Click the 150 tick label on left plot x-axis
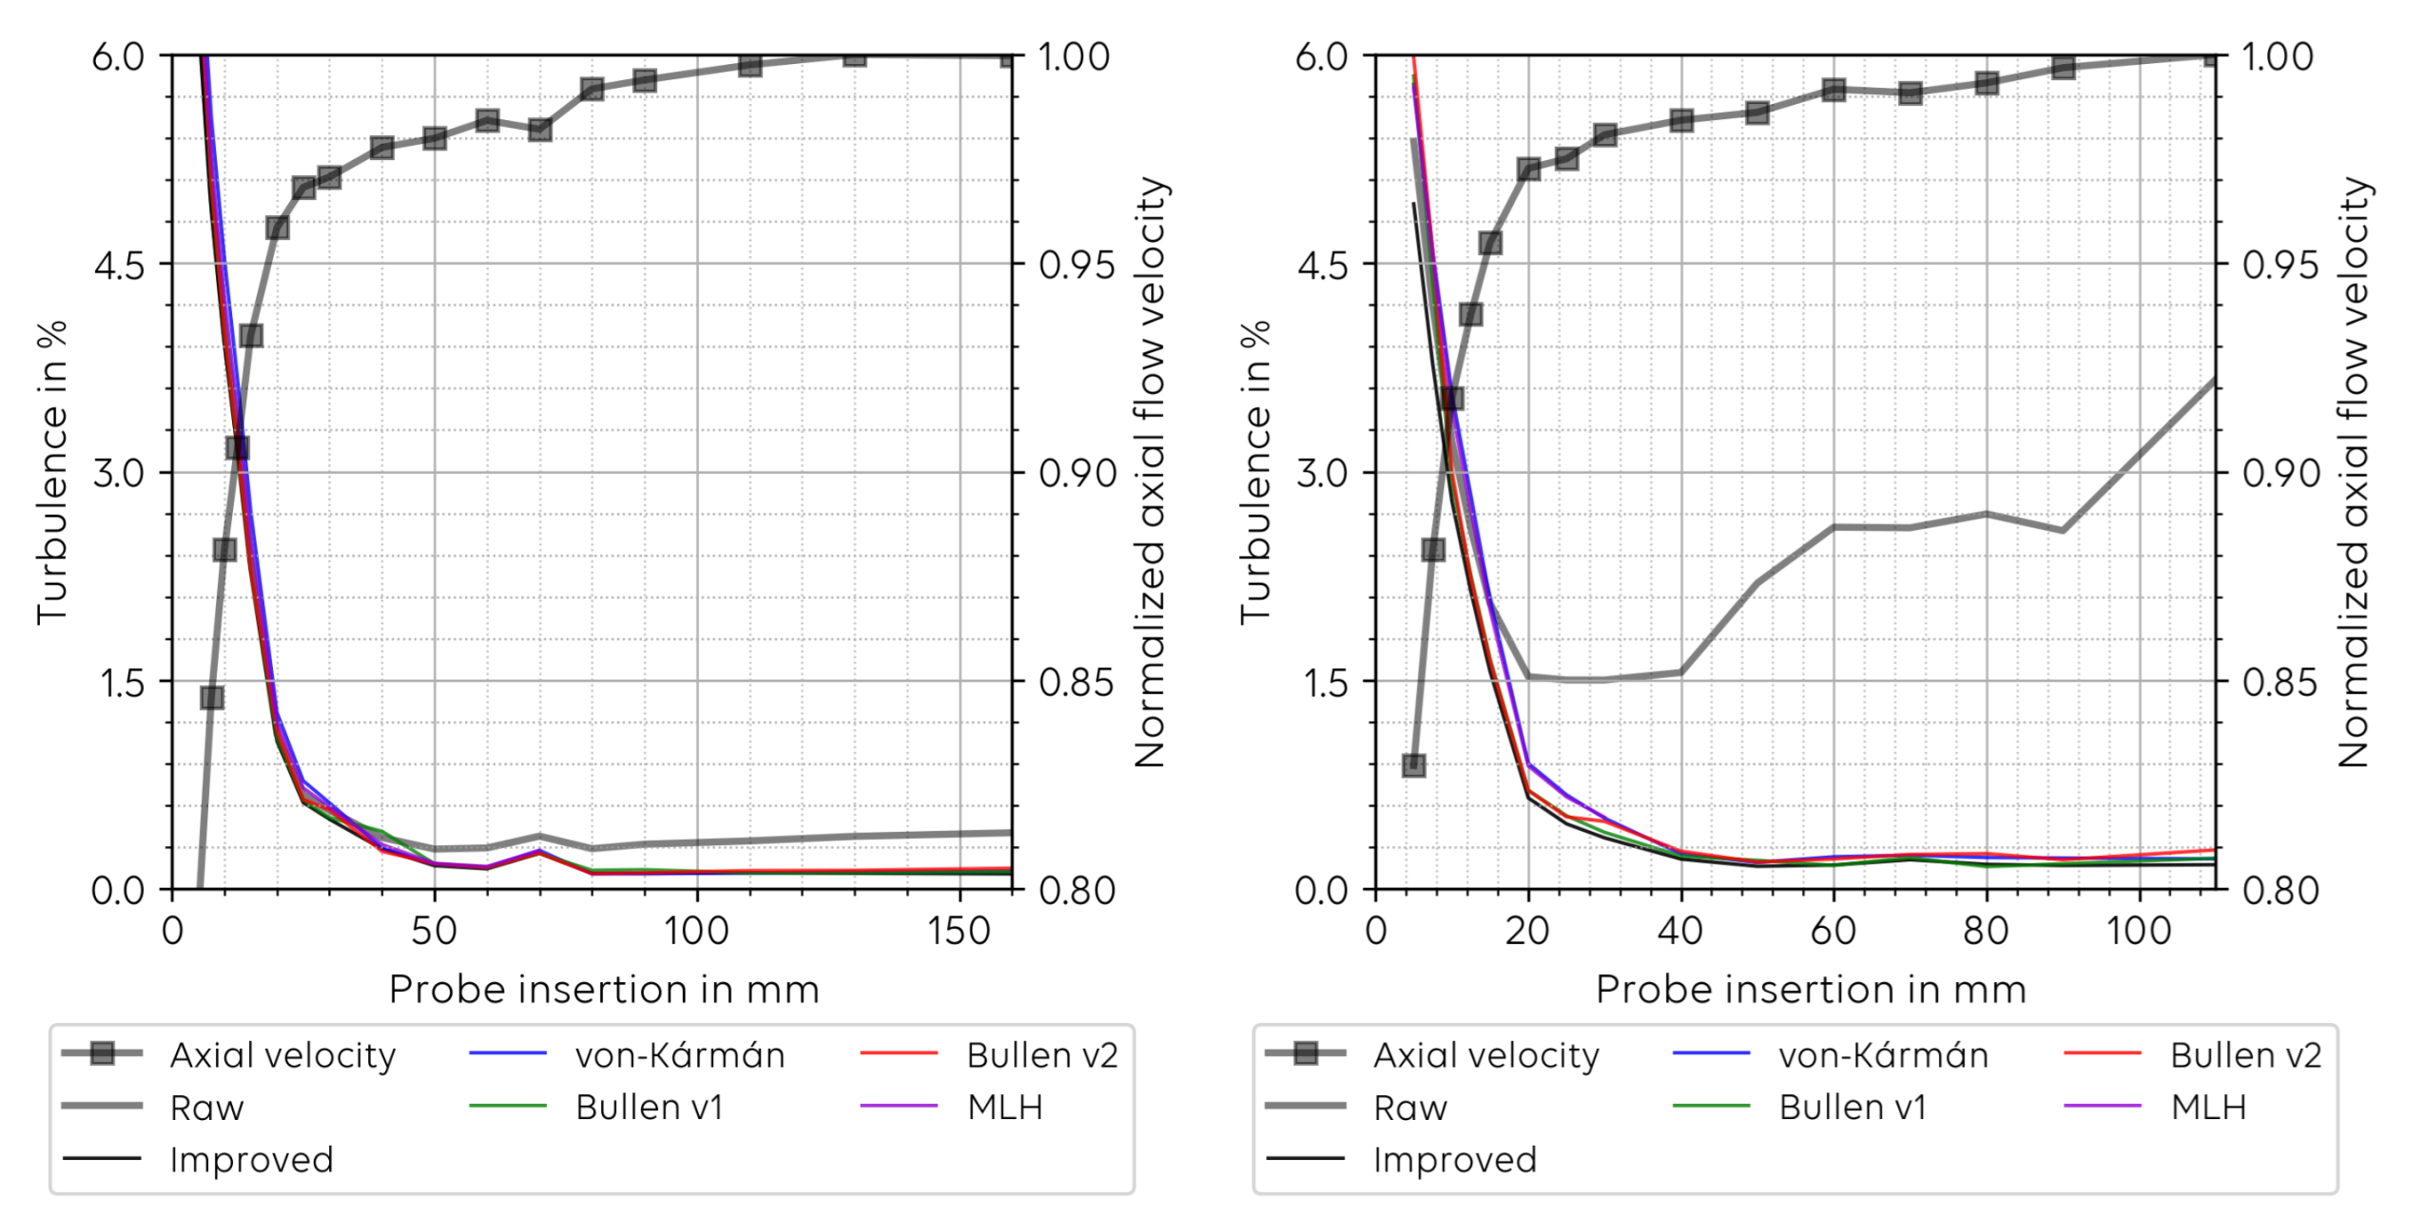click(959, 931)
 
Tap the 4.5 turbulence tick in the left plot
click(119, 264)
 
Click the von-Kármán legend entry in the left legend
click(679, 1055)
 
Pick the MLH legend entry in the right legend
click(2207, 1107)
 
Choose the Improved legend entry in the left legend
click(251, 1159)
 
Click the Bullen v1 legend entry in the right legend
click(1851, 1107)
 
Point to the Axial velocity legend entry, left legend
click(282, 1055)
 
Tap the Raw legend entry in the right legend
click(1409, 1107)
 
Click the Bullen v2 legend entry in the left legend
click(1041, 1055)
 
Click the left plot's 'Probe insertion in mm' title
click(603, 990)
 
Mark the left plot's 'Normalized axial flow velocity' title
click(1150, 471)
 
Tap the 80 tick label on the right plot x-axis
click(1986, 931)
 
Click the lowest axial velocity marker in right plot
click(1414, 764)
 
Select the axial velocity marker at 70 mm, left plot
click(539, 129)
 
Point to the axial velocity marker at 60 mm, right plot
click(1833, 91)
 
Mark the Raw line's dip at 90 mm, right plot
click(2062, 530)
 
